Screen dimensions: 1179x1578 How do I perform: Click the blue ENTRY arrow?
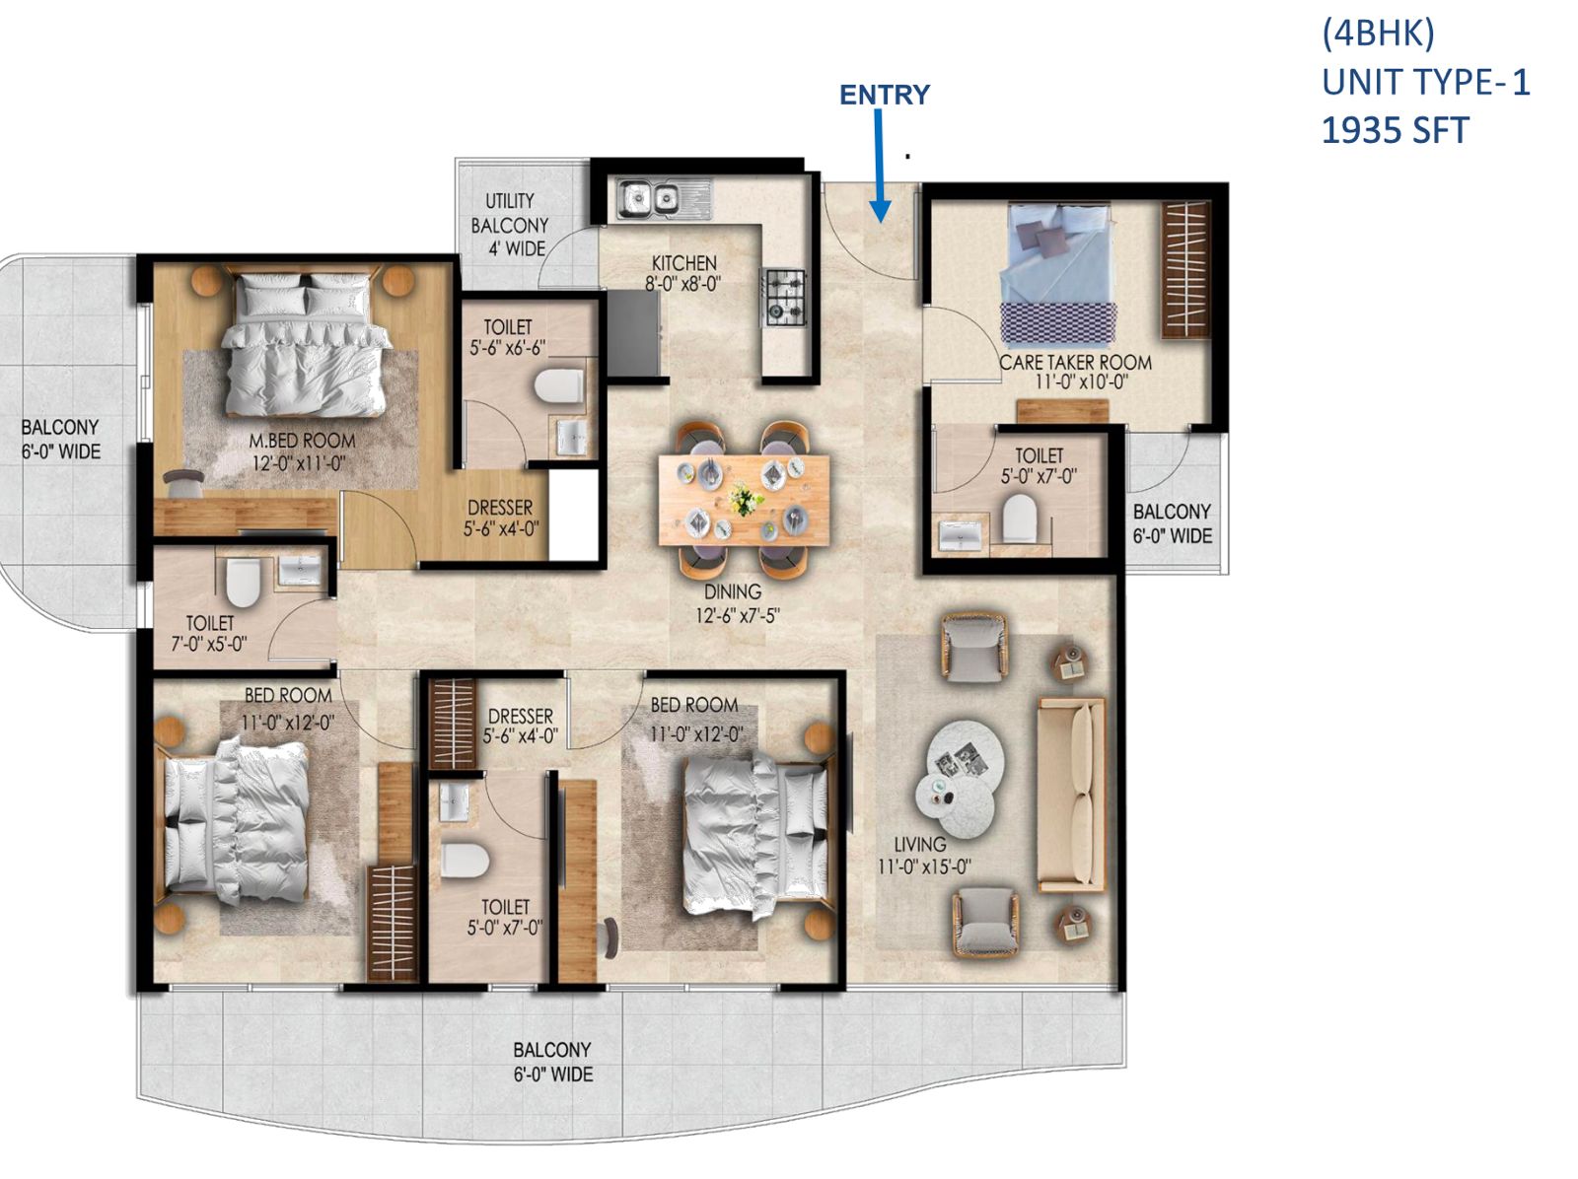pyautogui.click(x=880, y=168)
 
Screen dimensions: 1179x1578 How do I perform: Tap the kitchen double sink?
pyautogui.click(x=648, y=200)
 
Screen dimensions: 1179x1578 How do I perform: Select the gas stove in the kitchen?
pyautogui.click(x=785, y=298)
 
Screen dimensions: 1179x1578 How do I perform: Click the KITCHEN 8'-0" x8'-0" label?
pyautogui.click(x=683, y=274)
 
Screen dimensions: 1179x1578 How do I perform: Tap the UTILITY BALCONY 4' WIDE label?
pyautogui.click(x=510, y=225)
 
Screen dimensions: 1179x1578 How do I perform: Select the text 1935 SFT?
pyautogui.click(x=1394, y=131)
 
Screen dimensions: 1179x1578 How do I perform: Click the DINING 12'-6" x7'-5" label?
pyautogui.click(x=733, y=604)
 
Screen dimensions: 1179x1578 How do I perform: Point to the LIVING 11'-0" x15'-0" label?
pyautogui.click(x=923, y=856)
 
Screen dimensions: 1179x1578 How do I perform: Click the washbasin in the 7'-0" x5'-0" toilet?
pyautogui.click(x=299, y=571)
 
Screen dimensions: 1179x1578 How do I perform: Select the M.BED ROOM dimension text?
pyautogui.click(x=299, y=462)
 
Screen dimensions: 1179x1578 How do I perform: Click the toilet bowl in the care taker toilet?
pyautogui.click(x=1019, y=519)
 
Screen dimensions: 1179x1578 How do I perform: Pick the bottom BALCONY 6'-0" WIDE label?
pyautogui.click(x=552, y=1062)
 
